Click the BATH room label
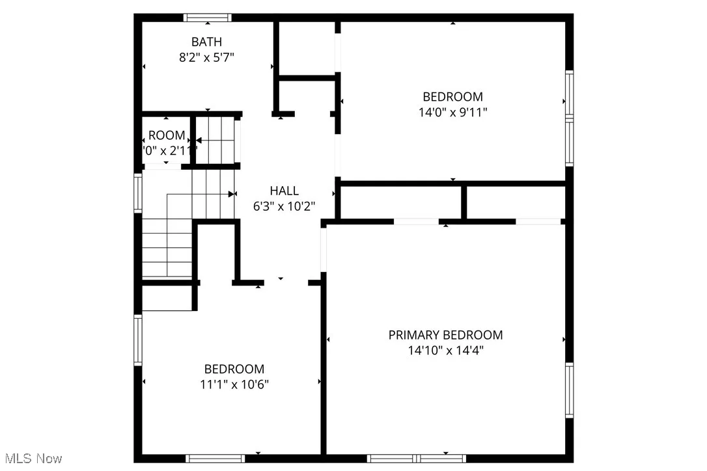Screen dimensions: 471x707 pos(206,42)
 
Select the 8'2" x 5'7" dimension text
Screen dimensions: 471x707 pos(206,57)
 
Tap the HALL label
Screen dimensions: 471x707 pos(284,191)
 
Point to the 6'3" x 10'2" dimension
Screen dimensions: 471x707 pos(284,206)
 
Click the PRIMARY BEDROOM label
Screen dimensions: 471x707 pos(445,335)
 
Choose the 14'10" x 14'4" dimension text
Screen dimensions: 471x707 pos(445,351)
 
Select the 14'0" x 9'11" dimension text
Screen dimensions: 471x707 pos(452,112)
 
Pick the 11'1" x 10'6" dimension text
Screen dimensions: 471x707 pos(234,384)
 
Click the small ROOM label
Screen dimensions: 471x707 pos(167,136)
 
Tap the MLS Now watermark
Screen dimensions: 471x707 pos(31,459)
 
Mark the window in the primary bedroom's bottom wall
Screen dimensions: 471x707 pos(417,458)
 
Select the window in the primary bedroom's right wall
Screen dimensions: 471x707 pos(569,390)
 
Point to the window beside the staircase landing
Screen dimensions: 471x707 pos(138,193)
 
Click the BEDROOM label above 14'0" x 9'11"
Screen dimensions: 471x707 pos(452,97)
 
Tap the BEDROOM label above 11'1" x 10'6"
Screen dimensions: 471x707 pos(234,369)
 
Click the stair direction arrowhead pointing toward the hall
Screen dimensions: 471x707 pos(232,194)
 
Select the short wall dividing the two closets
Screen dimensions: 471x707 pos(464,202)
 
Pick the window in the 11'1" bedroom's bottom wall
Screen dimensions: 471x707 pos(215,458)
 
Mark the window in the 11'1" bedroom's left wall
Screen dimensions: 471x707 pos(138,340)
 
